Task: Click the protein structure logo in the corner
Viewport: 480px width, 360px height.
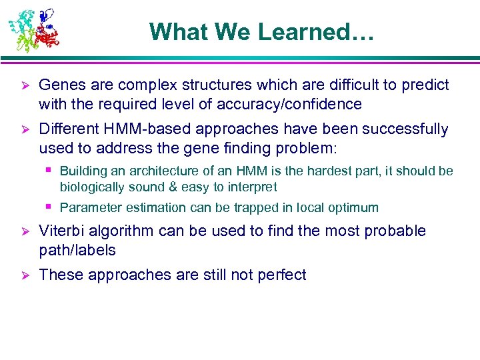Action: click(x=33, y=30)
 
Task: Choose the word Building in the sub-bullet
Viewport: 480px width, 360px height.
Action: click(x=82, y=171)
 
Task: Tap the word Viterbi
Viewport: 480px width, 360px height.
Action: click(x=59, y=231)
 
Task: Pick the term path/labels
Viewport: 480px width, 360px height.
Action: click(x=77, y=251)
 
